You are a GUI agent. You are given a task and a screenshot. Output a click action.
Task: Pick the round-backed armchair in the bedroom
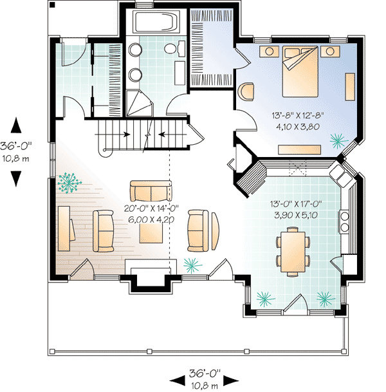246,91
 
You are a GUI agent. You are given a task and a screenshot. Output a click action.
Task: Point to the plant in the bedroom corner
336,138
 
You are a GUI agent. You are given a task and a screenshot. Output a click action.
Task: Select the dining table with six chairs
293,252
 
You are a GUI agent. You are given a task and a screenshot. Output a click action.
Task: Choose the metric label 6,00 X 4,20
152,219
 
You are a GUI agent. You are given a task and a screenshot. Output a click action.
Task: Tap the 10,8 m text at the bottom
205,385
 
